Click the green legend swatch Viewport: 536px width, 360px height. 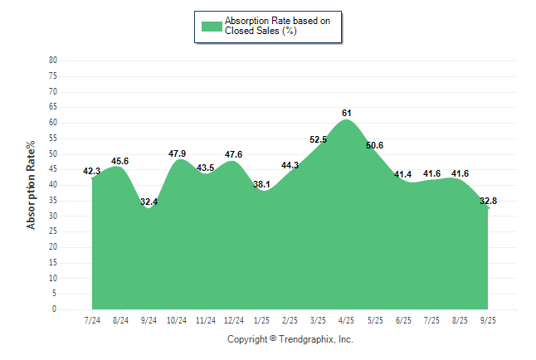212,26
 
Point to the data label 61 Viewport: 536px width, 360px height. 347,113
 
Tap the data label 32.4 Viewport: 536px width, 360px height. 149,202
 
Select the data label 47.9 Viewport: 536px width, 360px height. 177,153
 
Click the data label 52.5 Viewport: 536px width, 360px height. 318,139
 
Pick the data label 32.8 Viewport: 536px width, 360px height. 488,201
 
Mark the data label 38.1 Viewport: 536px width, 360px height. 262,184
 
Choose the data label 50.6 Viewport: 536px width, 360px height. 374,146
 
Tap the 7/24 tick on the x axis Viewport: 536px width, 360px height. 92,319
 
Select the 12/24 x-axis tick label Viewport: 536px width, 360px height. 234,319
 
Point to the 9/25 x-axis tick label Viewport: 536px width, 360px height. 489,319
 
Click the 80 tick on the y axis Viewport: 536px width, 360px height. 53,60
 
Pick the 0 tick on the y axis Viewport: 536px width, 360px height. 55,309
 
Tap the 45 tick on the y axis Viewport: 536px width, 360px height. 53,169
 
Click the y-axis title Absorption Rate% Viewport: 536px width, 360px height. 32,184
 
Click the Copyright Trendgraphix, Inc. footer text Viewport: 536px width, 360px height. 290,339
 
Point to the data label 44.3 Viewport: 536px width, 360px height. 290,165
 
